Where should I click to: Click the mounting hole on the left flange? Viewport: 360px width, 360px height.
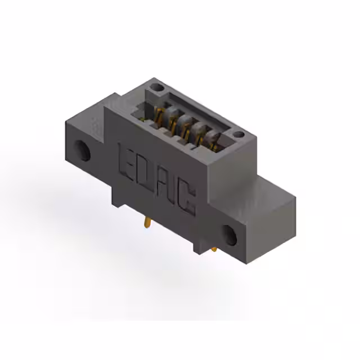pos(84,151)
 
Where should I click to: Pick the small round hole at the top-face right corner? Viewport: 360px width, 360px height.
pos(238,135)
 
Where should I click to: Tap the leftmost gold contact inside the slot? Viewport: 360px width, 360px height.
pos(159,115)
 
